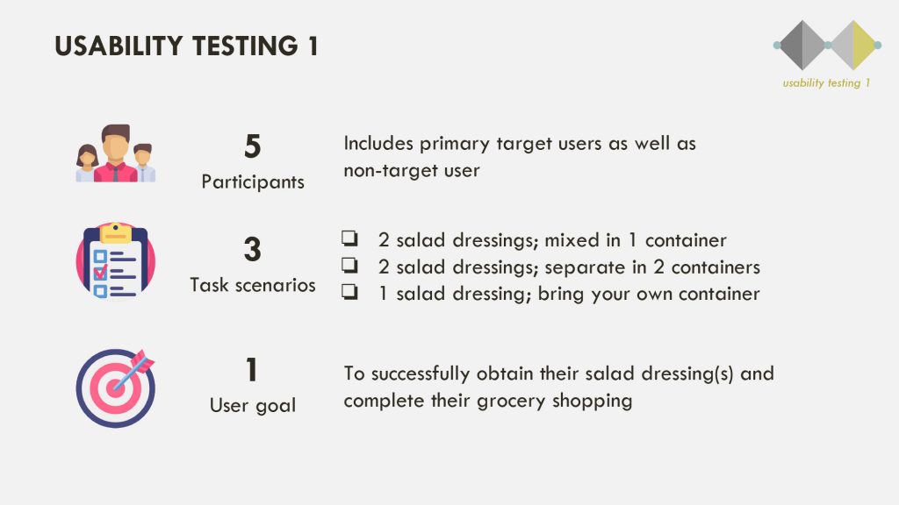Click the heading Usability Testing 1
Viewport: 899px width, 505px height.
tap(186, 46)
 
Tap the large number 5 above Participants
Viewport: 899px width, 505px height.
tap(252, 146)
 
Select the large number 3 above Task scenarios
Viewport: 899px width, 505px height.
tap(252, 249)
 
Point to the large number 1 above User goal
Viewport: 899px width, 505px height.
tap(252, 370)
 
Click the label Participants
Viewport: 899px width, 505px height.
tap(253, 182)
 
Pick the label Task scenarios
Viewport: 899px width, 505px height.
tap(253, 285)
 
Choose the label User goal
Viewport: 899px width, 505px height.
tap(253, 405)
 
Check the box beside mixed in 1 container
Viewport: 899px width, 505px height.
tap(349, 238)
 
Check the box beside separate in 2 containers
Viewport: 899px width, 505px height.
tap(349, 265)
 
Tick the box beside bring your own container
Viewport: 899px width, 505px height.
tap(349, 292)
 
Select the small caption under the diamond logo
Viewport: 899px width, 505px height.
tap(826, 83)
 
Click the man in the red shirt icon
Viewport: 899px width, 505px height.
tap(116, 153)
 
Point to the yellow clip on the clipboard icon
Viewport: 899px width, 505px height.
tap(115, 232)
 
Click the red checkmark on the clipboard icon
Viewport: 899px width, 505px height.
tap(100, 273)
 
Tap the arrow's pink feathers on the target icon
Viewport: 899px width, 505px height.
tap(142, 360)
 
